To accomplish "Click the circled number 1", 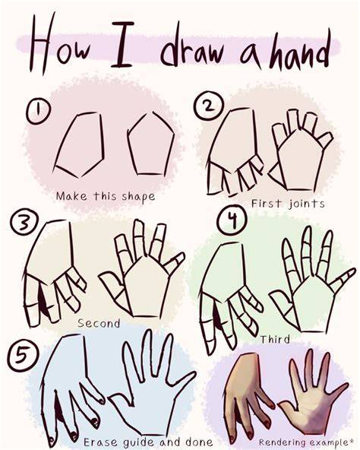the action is point(39,112).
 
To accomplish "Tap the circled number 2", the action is point(208,106).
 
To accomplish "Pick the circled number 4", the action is point(232,220).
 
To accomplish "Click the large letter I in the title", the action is point(122,45).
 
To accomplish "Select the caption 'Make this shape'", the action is point(106,197).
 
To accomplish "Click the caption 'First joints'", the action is point(288,204).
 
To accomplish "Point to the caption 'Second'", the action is point(99,324).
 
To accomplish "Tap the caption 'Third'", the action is point(275,339).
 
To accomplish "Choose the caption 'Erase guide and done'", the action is point(148,442).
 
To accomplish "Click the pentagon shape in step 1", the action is point(151,144).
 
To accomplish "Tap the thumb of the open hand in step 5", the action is point(120,400).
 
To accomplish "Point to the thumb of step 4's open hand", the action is point(283,301).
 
